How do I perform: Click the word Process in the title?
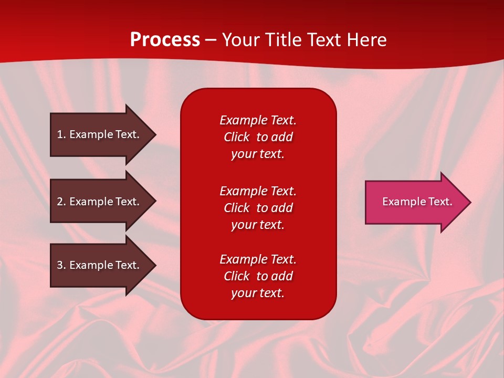[165, 40]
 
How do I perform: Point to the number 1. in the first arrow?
[61, 134]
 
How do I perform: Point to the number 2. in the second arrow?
[61, 202]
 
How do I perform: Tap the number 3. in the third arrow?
[61, 265]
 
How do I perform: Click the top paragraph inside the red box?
[258, 137]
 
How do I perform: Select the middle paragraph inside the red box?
[258, 208]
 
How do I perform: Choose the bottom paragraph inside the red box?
[258, 276]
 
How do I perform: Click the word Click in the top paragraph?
[236, 137]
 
